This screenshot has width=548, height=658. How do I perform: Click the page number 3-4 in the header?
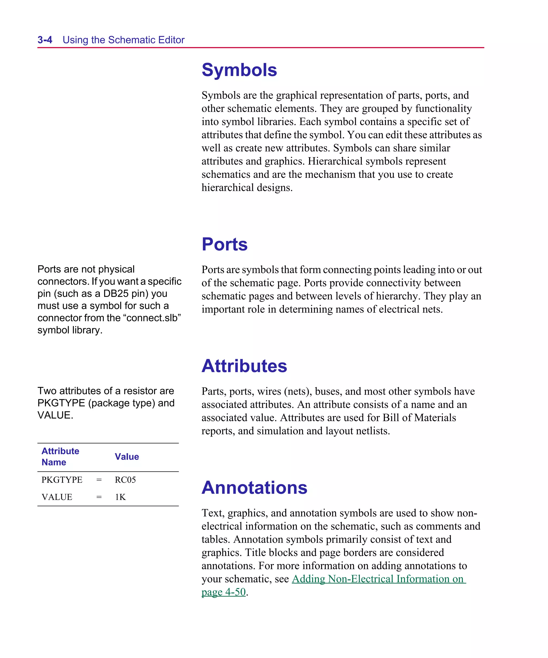click(x=45, y=40)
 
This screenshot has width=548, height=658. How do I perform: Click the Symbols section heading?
click(x=239, y=70)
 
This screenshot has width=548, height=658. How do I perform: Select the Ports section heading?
click(x=224, y=245)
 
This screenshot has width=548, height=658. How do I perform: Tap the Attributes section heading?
click(x=244, y=366)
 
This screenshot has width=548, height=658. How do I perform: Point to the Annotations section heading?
click(x=254, y=488)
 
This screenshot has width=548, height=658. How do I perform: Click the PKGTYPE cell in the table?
click(x=62, y=480)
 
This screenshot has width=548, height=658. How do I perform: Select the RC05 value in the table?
click(x=125, y=480)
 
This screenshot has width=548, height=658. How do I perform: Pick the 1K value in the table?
click(x=120, y=497)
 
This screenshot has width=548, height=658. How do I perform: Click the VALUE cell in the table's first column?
click(x=57, y=497)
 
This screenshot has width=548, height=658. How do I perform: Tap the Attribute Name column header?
click(x=60, y=457)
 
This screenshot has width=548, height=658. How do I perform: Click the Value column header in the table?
click(x=127, y=457)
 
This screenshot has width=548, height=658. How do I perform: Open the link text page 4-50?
click(x=223, y=592)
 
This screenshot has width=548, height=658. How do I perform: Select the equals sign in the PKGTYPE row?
click(x=99, y=480)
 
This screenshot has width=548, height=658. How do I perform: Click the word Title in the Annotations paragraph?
click(x=255, y=552)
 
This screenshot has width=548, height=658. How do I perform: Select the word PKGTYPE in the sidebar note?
click(x=61, y=403)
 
